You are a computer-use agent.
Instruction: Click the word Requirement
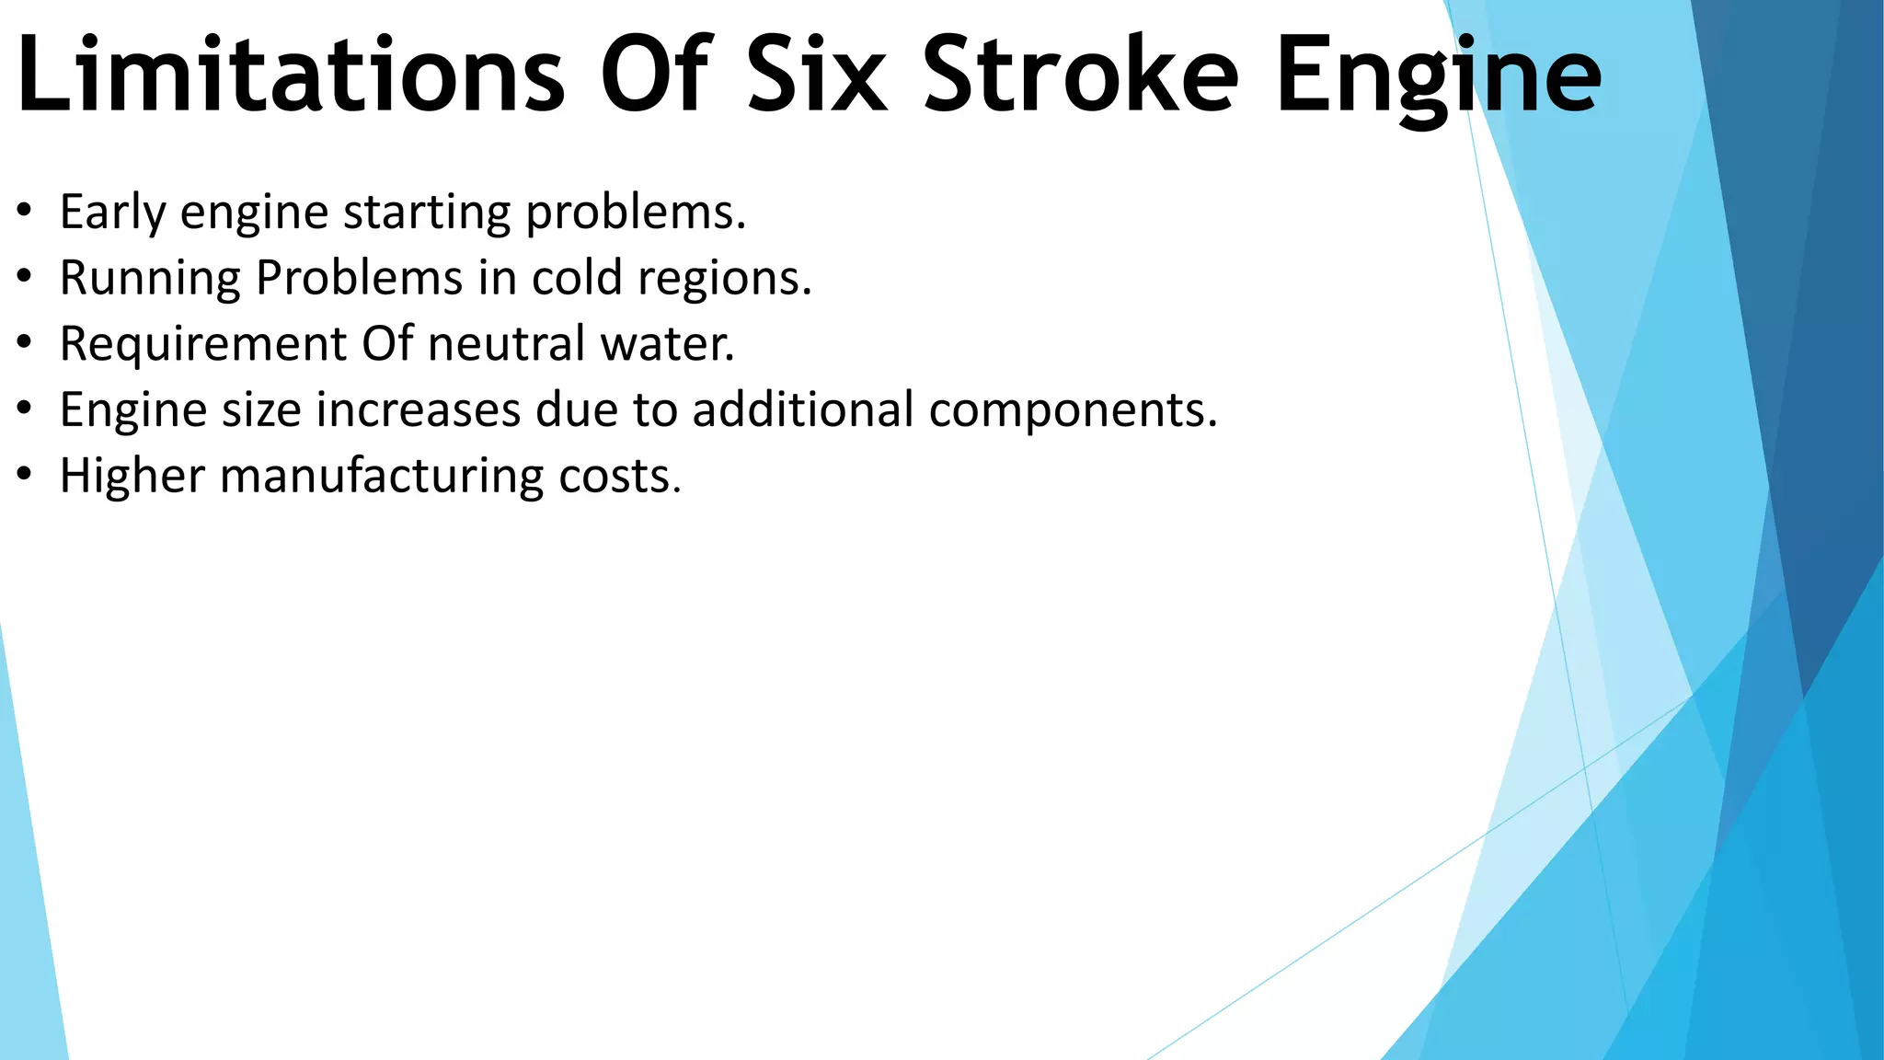203,345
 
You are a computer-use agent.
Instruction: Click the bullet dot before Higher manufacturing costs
25,476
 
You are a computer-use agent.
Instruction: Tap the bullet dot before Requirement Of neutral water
25,343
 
